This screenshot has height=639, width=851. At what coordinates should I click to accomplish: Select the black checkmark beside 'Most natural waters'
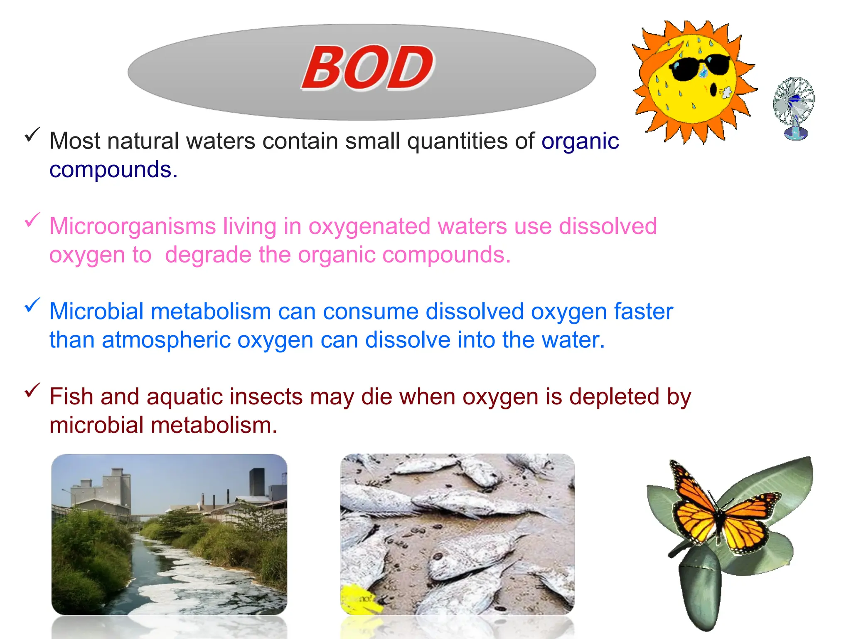[32, 134]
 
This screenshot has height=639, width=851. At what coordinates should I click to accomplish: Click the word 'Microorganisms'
[133, 227]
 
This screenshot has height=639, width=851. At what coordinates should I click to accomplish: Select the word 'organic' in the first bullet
[580, 141]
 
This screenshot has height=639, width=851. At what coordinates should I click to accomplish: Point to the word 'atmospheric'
[166, 340]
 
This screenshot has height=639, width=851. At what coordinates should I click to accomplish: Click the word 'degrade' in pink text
[208, 255]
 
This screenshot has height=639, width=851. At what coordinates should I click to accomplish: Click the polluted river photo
[169, 535]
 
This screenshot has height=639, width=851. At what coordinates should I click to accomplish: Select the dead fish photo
[457, 535]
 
